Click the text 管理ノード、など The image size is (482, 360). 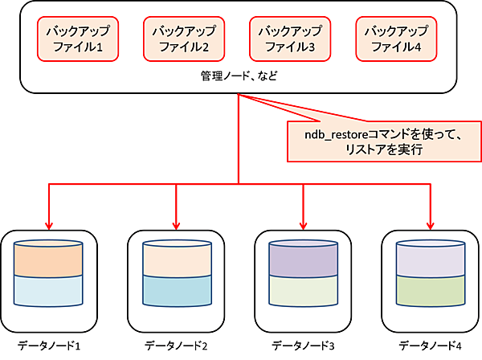[x=239, y=77]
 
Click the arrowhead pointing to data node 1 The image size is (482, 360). [x=50, y=224]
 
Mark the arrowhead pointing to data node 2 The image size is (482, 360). [x=175, y=224]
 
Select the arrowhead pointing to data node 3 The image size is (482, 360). [x=302, y=224]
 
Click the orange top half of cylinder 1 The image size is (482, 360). [x=50, y=260]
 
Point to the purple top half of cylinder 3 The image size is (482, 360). [x=302, y=260]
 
